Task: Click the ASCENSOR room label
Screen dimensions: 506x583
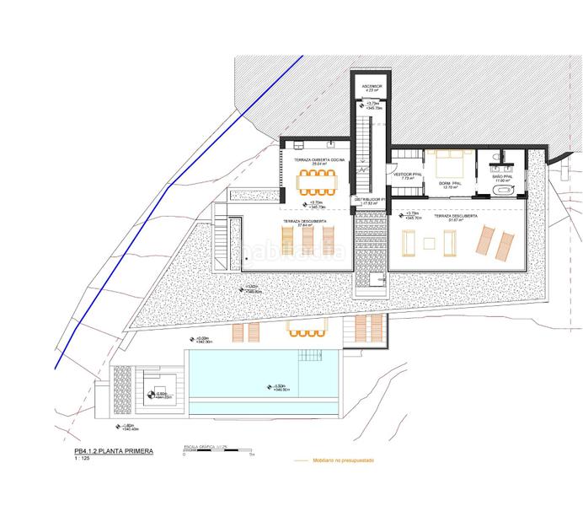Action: tap(372, 87)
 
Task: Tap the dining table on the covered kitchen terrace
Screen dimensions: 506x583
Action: tap(317, 179)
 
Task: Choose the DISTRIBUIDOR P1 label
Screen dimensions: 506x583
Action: tap(370, 201)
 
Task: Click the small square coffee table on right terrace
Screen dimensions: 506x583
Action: tap(430, 244)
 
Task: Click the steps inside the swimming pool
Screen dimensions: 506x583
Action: tap(313, 355)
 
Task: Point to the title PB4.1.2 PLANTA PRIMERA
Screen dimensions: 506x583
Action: tap(114, 452)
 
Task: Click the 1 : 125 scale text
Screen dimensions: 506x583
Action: tap(83, 461)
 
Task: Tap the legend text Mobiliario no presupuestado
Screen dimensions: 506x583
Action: tap(345, 461)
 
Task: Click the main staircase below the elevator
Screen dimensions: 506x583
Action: tap(363, 143)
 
